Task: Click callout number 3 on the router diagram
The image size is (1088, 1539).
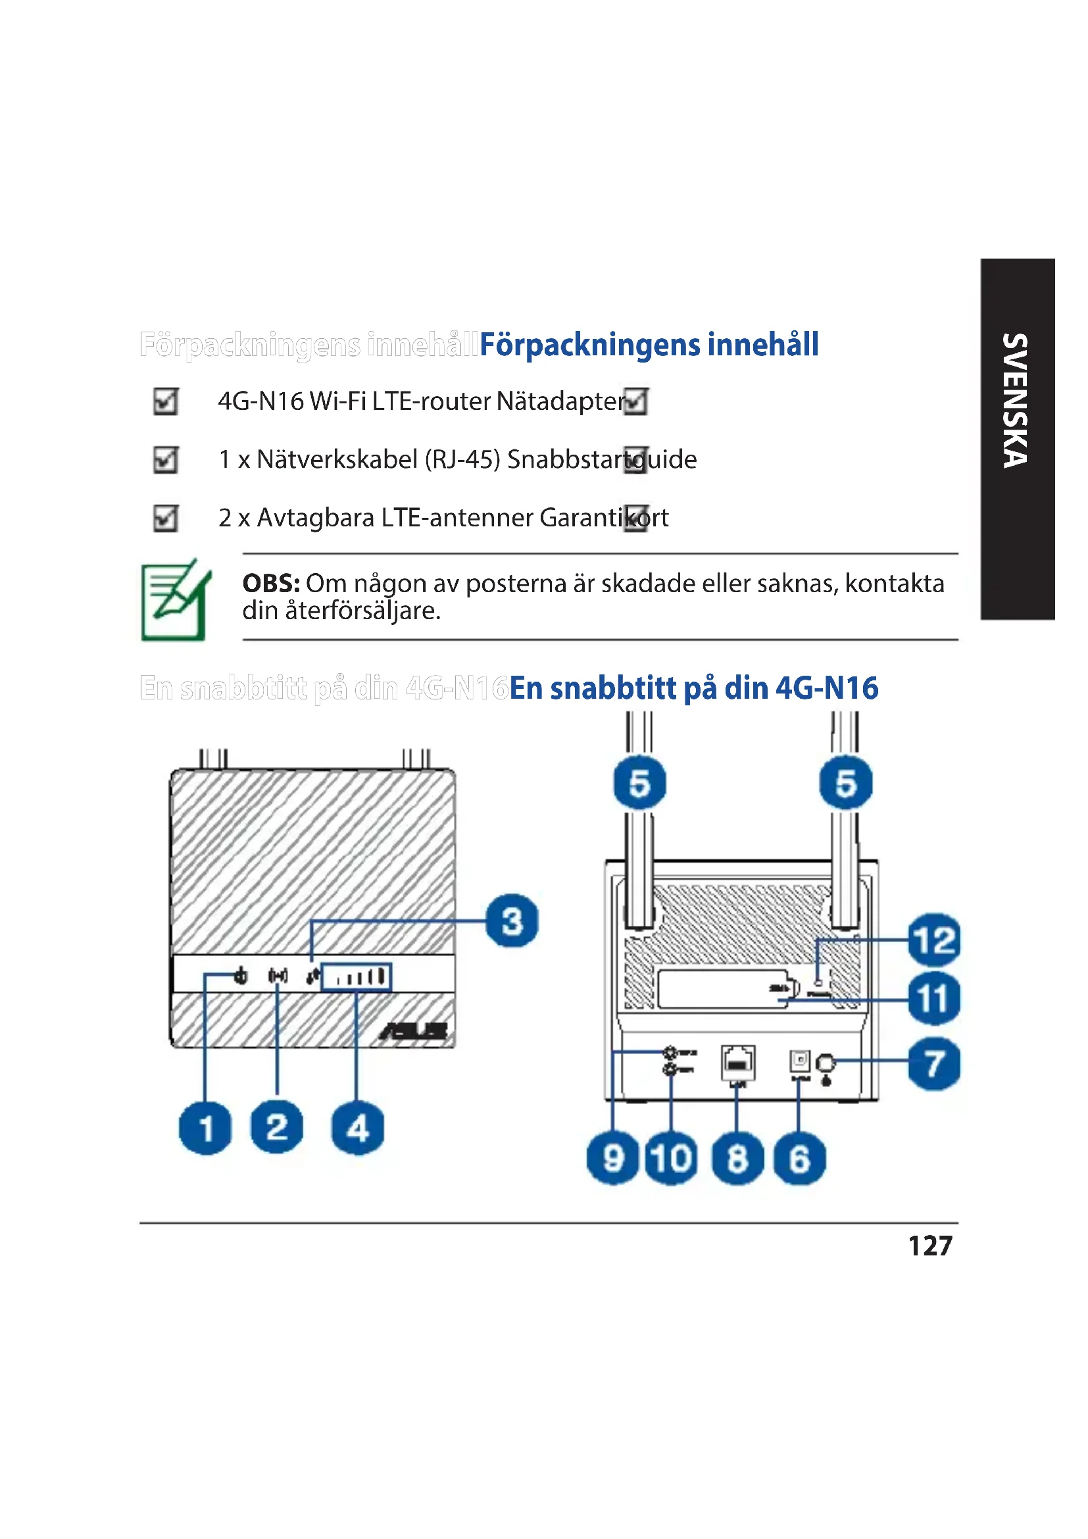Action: [512, 921]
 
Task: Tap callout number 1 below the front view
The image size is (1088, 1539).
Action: [205, 1128]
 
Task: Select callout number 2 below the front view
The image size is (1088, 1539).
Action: [277, 1126]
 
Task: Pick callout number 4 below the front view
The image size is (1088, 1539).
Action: [358, 1128]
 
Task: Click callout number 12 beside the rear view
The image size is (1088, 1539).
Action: [934, 940]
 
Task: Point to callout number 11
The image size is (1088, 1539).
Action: [934, 999]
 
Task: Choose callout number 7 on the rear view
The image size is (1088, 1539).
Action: [934, 1064]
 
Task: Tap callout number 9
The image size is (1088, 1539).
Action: [612, 1158]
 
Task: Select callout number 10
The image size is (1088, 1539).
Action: [672, 1158]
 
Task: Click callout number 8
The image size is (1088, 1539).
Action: [737, 1158]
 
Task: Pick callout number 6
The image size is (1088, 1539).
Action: [799, 1158]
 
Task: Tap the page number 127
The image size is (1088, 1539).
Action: [930, 1246]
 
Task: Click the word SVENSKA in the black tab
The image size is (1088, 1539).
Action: [1015, 400]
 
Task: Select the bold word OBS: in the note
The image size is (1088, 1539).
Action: [270, 583]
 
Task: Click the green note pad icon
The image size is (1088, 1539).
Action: [175, 601]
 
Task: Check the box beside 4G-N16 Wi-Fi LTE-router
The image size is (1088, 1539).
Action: [166, 401]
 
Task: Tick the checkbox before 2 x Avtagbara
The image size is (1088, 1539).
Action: [166, 518]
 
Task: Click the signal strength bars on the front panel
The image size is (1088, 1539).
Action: [357, 977]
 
